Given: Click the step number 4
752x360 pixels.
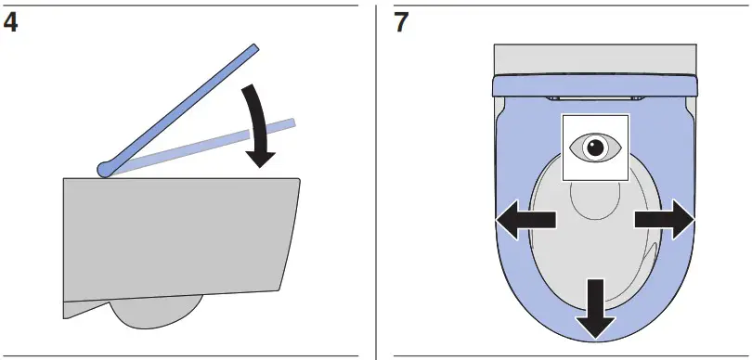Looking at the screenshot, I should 11,21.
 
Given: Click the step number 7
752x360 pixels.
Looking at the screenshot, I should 401,21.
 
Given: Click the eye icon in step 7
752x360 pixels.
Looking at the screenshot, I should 595,147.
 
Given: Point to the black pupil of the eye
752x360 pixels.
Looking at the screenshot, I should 595,147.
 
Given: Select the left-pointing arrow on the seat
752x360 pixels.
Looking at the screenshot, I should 523,221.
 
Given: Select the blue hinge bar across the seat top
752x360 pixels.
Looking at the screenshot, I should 594,85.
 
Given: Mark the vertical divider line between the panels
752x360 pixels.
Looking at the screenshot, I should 375,180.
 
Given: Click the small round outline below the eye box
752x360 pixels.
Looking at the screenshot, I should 594,199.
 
